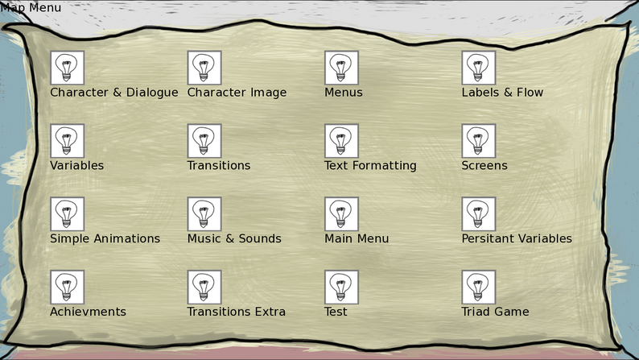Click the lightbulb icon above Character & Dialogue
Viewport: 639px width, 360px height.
point(68,68)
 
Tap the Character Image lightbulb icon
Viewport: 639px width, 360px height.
point(204,68)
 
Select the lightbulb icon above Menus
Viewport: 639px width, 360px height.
point(341,68)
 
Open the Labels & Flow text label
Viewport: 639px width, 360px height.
point(502,93)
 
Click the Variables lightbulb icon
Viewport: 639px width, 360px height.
point(68,141)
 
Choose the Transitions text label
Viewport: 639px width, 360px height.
point(219,166)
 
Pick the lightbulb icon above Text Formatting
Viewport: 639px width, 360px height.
point(341,141)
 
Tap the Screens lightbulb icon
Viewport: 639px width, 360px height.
point(479,141)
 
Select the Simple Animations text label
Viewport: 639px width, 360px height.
point(105,239)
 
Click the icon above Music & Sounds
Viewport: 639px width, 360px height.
point(204,214)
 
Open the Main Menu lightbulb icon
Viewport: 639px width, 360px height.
point(341,214)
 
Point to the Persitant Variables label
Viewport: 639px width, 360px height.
point(517,238)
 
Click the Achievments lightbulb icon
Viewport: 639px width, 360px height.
point(68,287)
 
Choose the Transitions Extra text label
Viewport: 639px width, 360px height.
point(237,312)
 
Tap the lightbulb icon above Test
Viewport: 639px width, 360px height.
point(341,287)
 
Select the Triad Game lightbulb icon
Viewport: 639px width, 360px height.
point(479,287)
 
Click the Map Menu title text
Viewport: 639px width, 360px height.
point(31,8)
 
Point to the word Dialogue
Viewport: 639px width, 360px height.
point(152,93)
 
